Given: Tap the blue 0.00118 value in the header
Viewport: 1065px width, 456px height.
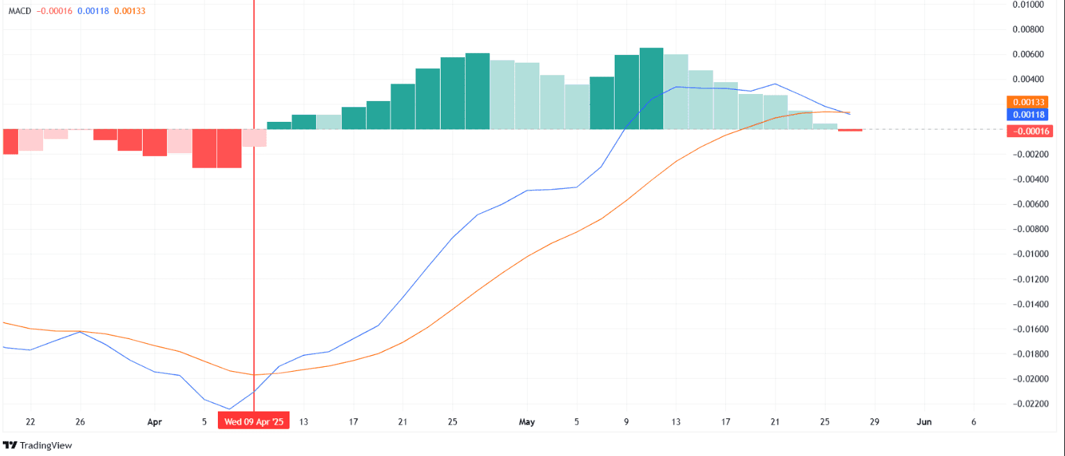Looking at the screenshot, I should (x=93, y=11).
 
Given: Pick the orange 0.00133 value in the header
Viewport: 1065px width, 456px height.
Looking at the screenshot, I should (x=129, y=11).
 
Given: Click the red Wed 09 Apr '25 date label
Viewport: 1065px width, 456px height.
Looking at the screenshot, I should (x=253, y=422).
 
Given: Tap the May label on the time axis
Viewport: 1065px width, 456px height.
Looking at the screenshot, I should (x=527, y=422).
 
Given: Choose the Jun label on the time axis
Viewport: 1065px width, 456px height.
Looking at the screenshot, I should (x=924, y=422).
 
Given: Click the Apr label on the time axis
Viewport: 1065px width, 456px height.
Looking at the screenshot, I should (x=155, y=422).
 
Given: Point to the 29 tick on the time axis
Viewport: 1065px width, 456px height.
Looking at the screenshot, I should (x=874, y=422).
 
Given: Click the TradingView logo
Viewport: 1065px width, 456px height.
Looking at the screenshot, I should (x=38, y=445).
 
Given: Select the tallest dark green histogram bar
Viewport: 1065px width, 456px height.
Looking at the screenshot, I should (x=651, y=88).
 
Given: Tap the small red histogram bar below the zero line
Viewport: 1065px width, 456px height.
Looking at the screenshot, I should (x=850, y=130).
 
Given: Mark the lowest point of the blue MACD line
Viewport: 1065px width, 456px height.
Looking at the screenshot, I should (x=229, y=409).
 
